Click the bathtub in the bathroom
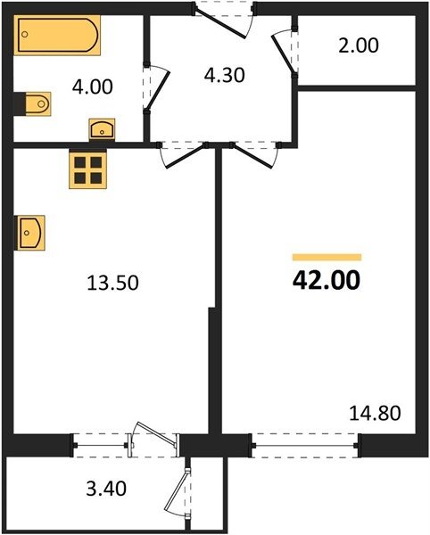pyautogui.click(x=57, y=35)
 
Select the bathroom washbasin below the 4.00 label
pyautogui.click(x=102, y=129)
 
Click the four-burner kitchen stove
pyautogui.click(x=88, y=170)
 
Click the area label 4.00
pyautogui.click(x=92, y=87)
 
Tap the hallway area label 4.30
pyautogui.click(x=224, y=76)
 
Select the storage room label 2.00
pyautogui.click(x=359, y=45)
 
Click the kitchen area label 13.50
pyautogui.click(x=112, y=283)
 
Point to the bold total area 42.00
pyautogui.click(x=327, y=280)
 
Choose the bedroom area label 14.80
pyautogui.click(x=375, y=413)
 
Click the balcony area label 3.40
pyautogui.click(x=106, y=489)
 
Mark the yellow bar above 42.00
pyautogui.click(x=327, y=258)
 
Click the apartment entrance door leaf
pyautogui.click(x=220, y=23)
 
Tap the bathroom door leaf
pyautogui.click(x=158, y=90)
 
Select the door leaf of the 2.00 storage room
pyautogui.click(x=283, y=54)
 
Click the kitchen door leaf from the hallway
pyautogui.click(x=186, y=157)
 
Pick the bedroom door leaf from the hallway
pyautogui.click(x=252, y=156)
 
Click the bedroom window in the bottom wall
pyautogui.click(x=305, y=445)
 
